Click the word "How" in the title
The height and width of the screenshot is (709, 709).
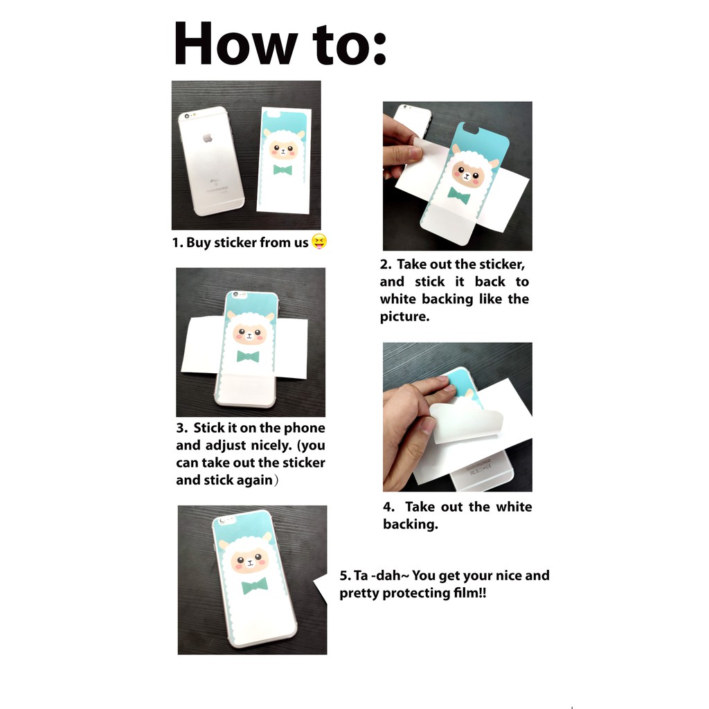(235, 44)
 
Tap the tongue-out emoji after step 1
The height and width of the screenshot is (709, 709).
(319, 242)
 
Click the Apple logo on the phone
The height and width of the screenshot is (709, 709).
(208, 138)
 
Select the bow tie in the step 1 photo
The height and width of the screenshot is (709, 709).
(282, 170)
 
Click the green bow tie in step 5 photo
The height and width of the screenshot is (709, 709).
(255, 586)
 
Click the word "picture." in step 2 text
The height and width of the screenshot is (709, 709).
(404, 316)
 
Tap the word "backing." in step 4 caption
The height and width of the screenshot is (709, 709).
(411, 524)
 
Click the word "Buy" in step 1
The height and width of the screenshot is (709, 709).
(198, 243)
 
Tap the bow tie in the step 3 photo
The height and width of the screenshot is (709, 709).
(249, 357)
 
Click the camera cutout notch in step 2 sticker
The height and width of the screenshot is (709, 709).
(470, 131)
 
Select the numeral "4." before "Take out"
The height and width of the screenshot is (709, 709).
(388, 507)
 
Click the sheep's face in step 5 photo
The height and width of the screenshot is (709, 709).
(249, 561)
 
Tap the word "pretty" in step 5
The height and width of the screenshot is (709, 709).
(359, 593)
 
